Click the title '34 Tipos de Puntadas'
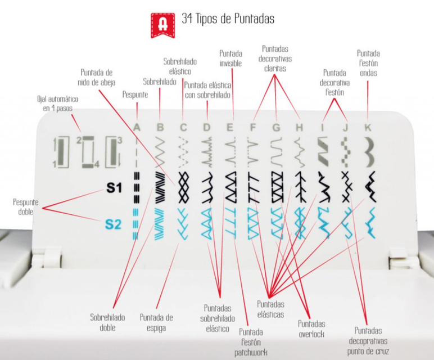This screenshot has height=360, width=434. coord(228,19)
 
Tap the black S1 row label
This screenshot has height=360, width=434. coord(114,188)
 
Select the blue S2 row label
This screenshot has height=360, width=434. coord(113,224)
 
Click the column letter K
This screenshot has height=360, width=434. coord(368,127)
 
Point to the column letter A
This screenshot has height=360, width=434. coord(137,127)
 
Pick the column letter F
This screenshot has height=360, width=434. coord(252,127)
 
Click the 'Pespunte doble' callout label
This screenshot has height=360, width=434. coord(26,207)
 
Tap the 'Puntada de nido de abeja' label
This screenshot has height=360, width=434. coord(97,78)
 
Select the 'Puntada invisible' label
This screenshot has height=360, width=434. coord(230,58)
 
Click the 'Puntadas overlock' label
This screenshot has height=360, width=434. coord(311,329)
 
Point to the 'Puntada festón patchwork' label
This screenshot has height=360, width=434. coord(251,342)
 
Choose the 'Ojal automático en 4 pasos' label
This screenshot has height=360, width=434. coord(57,103)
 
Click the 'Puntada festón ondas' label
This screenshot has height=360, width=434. coord(368,63)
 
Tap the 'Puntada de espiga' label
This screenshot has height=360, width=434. coord(156,323)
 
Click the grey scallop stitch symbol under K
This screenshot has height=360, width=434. coord(368,152)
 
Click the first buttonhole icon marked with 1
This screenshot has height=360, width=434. coord(61,152)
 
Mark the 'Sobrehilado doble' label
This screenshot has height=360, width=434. coord(107,323)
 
